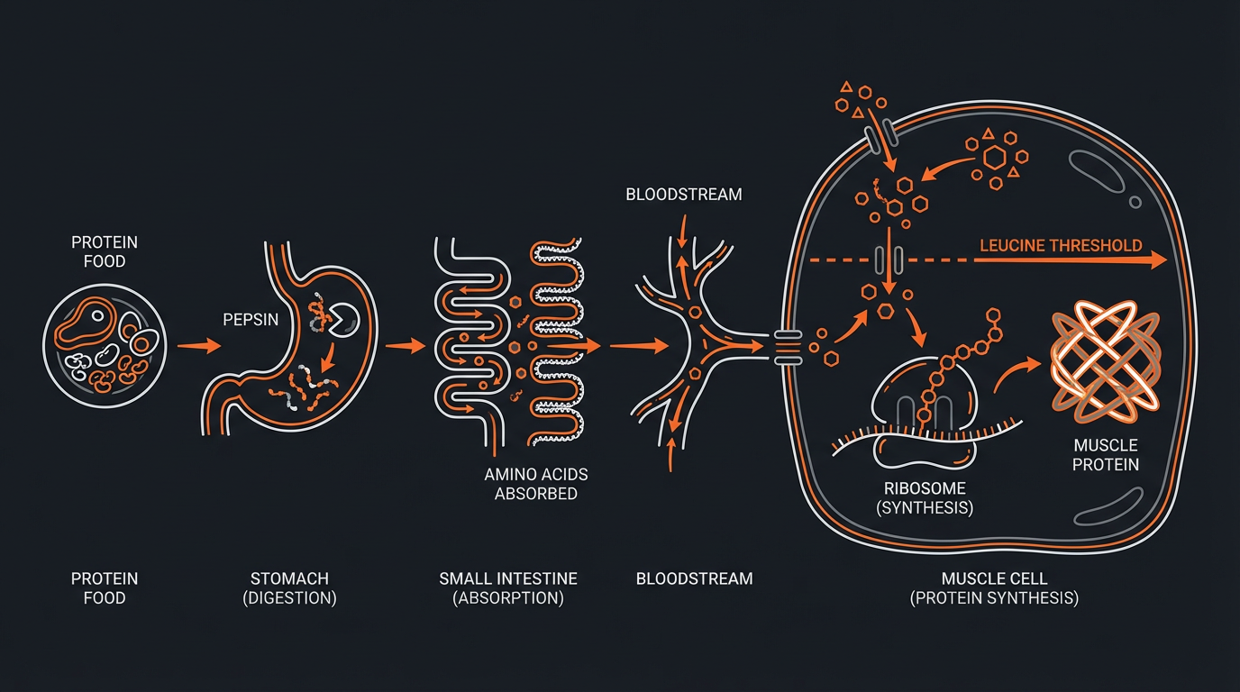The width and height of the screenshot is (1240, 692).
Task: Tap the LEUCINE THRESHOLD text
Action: [1061, 245]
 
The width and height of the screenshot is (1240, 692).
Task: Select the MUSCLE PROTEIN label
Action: [1106, 455]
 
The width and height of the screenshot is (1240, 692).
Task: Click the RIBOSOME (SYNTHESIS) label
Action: [925, 497]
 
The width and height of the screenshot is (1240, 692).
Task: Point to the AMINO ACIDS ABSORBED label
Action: [535, 484]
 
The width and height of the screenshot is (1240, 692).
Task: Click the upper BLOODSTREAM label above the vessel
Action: [684, 195]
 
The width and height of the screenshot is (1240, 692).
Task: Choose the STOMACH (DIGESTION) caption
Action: [289, 587]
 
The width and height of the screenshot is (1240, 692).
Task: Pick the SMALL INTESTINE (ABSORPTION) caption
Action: [508, 587]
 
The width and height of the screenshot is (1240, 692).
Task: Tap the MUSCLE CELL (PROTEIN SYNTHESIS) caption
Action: [994, 587]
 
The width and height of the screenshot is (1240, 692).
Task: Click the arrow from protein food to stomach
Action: [199, 345]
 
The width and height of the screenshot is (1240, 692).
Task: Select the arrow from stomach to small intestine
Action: [406, 345]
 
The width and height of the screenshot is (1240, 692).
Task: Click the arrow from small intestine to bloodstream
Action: [639, 345]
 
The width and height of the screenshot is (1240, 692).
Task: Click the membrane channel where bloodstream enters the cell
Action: [787, 347]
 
